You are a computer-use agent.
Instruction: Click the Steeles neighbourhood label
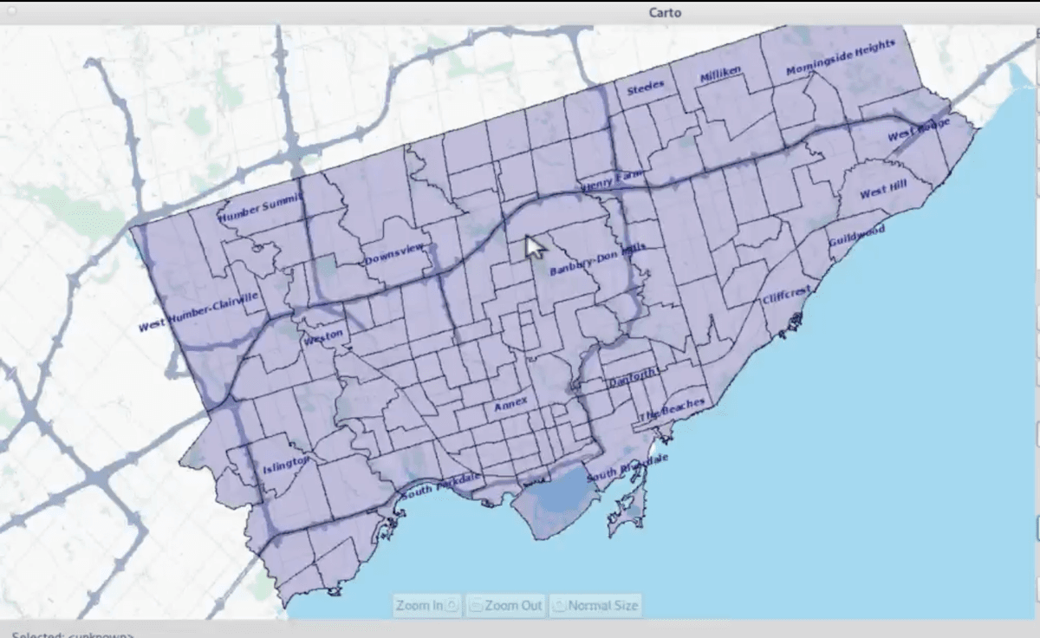(x=646, y=88)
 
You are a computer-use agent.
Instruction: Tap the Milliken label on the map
(x=721, y=76)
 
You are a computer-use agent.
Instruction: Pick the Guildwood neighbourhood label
(x=856, y=236)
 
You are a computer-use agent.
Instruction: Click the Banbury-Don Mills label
(x=597, y=258)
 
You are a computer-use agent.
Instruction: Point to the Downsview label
(x=394, y=254)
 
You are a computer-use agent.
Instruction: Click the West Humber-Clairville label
(x=198, y=313)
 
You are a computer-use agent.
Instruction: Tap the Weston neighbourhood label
(x=323, y=336)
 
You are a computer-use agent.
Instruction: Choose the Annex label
(x=510, y=404)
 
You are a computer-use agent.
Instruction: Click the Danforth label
(x=633, y=380)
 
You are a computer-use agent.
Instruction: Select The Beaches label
(x=672, y=409)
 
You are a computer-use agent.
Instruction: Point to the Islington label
(x=286, y=465)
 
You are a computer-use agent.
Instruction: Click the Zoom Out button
(x=506, y=605)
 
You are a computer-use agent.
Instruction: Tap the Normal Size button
(x=595, y=605)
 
